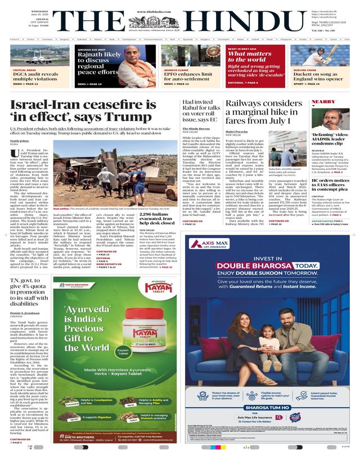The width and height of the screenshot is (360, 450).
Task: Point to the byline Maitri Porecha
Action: (x=237, y=133)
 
